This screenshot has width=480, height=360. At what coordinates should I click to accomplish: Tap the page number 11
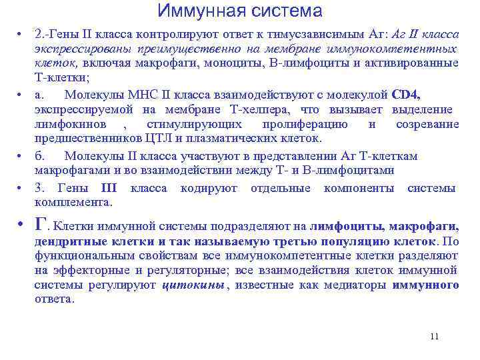pyautogui.click(x=435, y=336)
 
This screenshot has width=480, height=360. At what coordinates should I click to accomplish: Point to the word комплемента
pyautogui.click(x=73, y=202)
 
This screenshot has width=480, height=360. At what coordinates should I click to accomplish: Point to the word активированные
pyautogui.click(x=419, y=63)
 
